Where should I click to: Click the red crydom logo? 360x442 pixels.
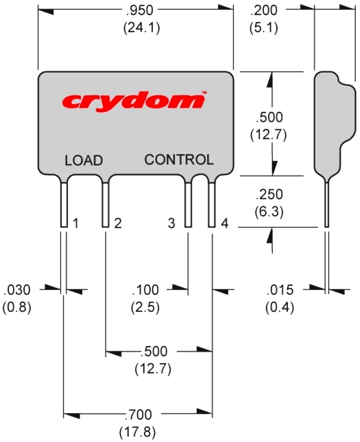coord(134,99)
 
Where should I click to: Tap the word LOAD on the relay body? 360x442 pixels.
coord(84,160)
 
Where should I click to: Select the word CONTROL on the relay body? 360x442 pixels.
coord(179,160)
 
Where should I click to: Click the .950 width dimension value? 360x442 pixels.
coord(141,9)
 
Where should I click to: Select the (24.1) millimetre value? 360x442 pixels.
coord(141,28)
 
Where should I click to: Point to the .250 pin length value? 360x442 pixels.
coord(269,194)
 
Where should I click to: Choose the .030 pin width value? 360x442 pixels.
coord(17,290)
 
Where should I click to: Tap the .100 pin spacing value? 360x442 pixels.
coord(145,290)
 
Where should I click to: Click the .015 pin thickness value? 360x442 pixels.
coord(279,290)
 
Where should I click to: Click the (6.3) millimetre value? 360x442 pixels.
coord(269,212)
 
